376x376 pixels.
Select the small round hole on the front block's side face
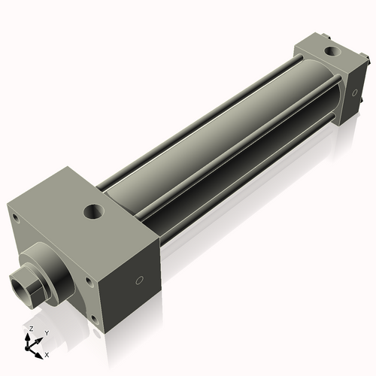pos(139,281)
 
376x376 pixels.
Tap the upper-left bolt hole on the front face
pos(14,218)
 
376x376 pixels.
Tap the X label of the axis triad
pos(47,353)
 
